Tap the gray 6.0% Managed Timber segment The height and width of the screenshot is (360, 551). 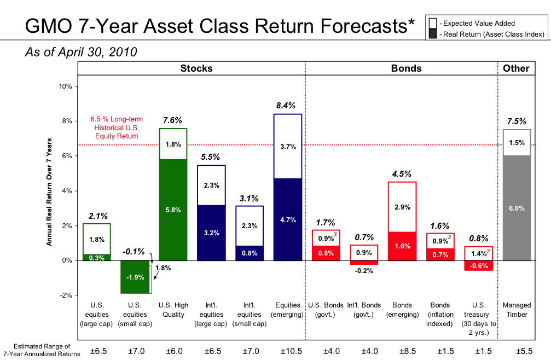click(517, 208)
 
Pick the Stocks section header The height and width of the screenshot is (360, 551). click(196, 68)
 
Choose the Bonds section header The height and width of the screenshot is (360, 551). click(406, 68)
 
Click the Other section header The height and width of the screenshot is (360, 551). click(517, 68)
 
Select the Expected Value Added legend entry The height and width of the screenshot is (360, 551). click(478, 24)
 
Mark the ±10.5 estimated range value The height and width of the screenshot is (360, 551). click(288, 351)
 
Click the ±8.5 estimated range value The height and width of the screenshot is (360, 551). click(402, 351)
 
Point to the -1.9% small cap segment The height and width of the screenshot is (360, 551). click(135, 277)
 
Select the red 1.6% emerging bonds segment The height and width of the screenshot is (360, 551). click(402, 246)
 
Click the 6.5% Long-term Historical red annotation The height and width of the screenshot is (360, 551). click(115, 127)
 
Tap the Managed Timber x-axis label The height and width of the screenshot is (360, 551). click(517, 310)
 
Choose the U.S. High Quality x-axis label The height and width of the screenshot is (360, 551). click(172, 310)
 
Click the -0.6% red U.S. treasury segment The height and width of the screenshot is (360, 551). click(479, 265)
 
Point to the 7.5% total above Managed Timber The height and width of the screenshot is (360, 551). click(517, 121)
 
